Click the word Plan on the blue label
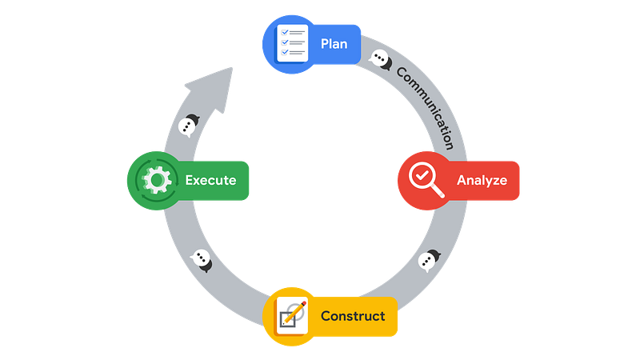point(334,44)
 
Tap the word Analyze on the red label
point(482,181)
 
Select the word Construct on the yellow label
point(353,316)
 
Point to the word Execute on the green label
point(210,180)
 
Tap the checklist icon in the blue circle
point(292,43)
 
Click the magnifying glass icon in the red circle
point(426,179)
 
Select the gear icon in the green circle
point(157,180)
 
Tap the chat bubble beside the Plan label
point(380,60)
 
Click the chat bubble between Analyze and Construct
point(429,260)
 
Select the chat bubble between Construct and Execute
point(202,260)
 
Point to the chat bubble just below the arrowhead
point(189,126)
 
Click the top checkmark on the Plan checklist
point(285,32)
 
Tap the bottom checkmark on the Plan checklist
point(285,52)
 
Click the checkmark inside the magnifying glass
point(422,175)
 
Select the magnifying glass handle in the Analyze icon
point(438,191)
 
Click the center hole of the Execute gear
point(157,180)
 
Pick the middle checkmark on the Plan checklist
point(285,42)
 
